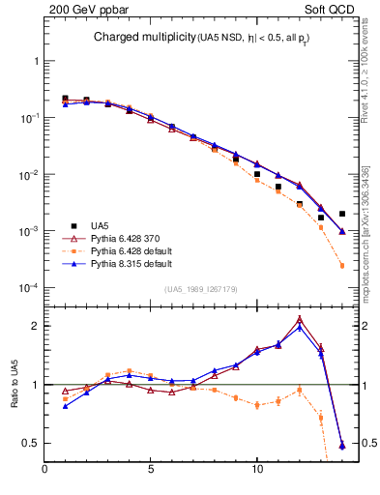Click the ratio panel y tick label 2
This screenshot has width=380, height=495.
35,326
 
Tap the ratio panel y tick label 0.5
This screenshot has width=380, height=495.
31,443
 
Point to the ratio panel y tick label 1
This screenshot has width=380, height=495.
35,385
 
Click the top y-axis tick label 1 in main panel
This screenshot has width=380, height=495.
35,61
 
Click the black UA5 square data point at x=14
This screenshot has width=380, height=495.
342,214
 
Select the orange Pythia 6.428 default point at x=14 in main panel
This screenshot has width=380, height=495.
342,266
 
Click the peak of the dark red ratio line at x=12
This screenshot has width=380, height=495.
300,318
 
